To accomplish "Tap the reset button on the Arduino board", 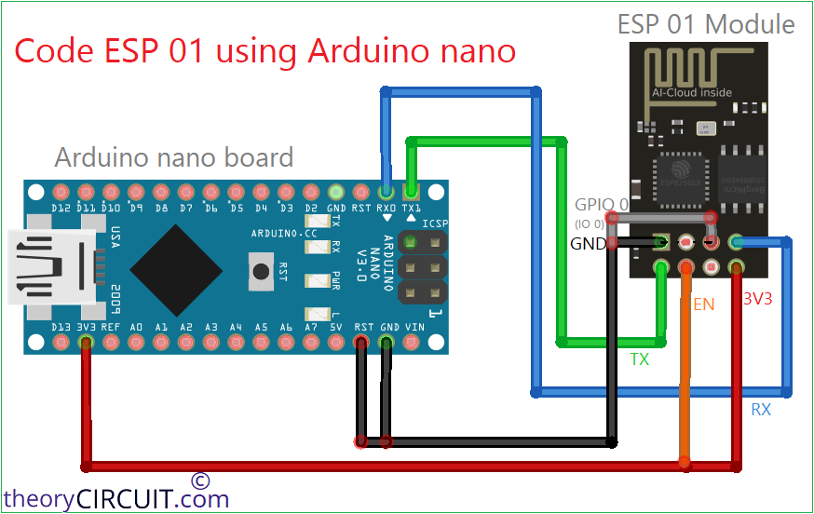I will pyautogui.click(x=258, y=271).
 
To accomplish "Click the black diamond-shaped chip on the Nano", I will pyautogui.click(x=176, y=268).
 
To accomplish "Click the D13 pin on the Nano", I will pyautogui.click(x=61, y=343).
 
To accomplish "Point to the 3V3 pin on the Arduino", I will pyautogui.click(x=87, y=343).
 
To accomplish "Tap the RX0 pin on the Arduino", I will pyautogui.click(x=387, y=192).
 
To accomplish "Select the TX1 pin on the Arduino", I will pyautogui.click(x=412, y=192).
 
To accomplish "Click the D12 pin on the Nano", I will pyautogui.click(x=61, y=192).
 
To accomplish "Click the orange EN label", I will pyautogui.click(x=703, y=304).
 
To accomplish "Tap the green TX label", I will pyautogui.click(x=640, y=358).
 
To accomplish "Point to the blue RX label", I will pyautogui.click(x=761, y=409).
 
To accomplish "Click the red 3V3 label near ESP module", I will pyautogui.click(x=760, y=300).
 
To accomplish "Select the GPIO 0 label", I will pyautogui.click(x=601, y=204).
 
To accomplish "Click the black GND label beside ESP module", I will pyautogui.click(x=588, y=244).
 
